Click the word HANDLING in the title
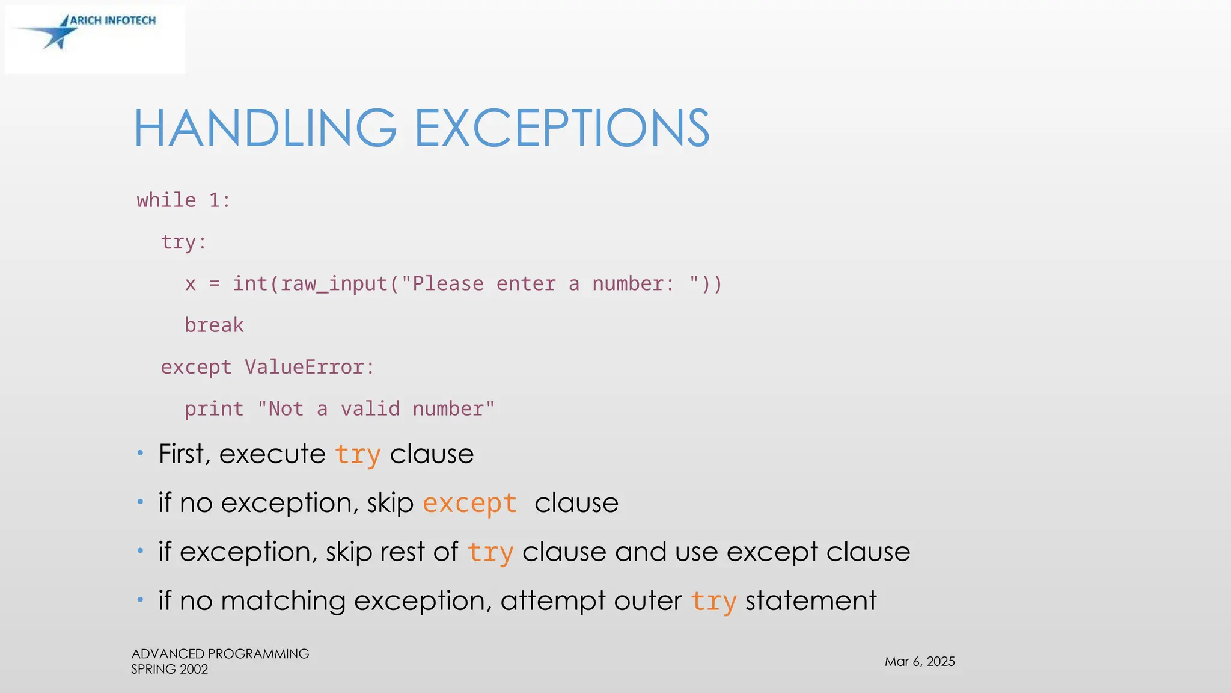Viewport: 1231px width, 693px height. point(264,128)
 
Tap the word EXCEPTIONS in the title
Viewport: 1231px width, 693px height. point(562,128)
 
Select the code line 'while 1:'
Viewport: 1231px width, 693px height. point(183,200)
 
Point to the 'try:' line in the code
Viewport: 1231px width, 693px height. point(183,242)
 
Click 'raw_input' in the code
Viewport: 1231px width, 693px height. point(334,283)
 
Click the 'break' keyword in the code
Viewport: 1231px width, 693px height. point(214,325)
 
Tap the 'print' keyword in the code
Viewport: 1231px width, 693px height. point(214,409)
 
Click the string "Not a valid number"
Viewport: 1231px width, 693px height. point(376,409)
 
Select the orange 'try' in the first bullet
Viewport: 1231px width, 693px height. point(358,454)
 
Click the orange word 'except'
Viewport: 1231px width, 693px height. point(469,503)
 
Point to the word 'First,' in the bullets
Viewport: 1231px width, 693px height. point(185,454)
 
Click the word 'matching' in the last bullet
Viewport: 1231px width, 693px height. point(283,601)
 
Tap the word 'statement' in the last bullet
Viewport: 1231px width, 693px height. point(811,601)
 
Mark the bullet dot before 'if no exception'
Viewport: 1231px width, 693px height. point(140,501)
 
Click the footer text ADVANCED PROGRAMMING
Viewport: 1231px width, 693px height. point(220,654)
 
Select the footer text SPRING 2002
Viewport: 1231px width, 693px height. point(170,670)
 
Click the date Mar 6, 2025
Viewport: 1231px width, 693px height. point(920,662)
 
